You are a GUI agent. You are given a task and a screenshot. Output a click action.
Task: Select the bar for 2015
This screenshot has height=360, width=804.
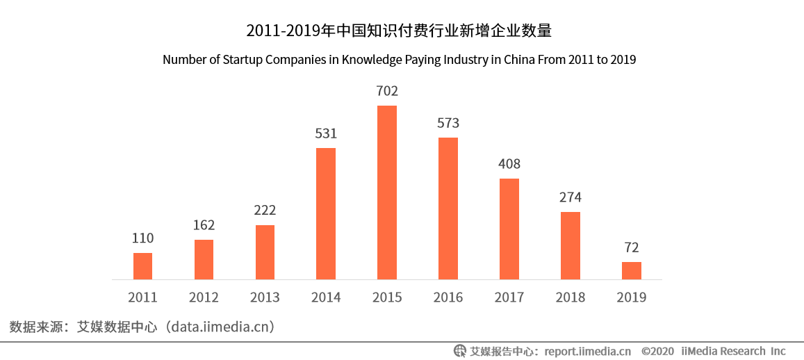tap(387, 193)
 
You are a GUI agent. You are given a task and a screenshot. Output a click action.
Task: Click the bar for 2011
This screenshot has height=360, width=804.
tap(142, 266)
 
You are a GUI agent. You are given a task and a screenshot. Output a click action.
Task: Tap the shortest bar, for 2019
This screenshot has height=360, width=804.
tap(632, 271)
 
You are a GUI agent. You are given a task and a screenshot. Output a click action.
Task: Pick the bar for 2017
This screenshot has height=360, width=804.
tap(509, 229)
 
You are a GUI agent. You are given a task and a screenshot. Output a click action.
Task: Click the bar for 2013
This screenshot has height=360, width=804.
tap(265, 252)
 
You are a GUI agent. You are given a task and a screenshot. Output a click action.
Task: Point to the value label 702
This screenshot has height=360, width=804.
tap(387, 91)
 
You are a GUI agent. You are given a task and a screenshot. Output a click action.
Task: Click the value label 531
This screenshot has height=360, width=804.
tap(326, 133)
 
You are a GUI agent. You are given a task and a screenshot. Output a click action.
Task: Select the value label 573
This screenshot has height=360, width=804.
tap(448, 123)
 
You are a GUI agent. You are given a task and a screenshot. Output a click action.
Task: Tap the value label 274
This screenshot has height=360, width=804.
tap(571, 197)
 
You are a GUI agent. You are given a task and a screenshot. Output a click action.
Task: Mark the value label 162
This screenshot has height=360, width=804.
tap(204, 225)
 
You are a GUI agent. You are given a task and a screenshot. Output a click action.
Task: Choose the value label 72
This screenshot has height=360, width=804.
tap(632, 247)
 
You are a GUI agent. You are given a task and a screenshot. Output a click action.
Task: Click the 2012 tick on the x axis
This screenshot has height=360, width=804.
tap(204, 297)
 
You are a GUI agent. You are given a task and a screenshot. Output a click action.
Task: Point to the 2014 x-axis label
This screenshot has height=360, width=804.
tap(326, 297)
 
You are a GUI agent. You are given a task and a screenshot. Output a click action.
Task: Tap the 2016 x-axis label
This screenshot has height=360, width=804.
tap(448, 297)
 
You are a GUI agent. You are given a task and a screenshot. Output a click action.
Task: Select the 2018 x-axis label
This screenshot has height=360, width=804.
tap(571, 297)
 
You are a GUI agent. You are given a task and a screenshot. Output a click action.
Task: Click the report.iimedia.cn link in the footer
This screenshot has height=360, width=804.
tap(587, 351)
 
